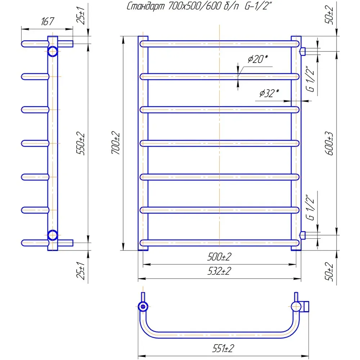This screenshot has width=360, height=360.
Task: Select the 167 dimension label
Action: coord(47,22)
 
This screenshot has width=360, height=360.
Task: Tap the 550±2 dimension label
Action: coord(81,143)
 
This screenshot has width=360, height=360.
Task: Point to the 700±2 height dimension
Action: coord(116,143)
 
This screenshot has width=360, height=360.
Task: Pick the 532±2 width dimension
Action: coord(219,272)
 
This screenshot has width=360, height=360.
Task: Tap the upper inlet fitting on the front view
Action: coord(303,51)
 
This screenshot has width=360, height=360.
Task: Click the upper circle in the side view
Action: coord(53,51)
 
